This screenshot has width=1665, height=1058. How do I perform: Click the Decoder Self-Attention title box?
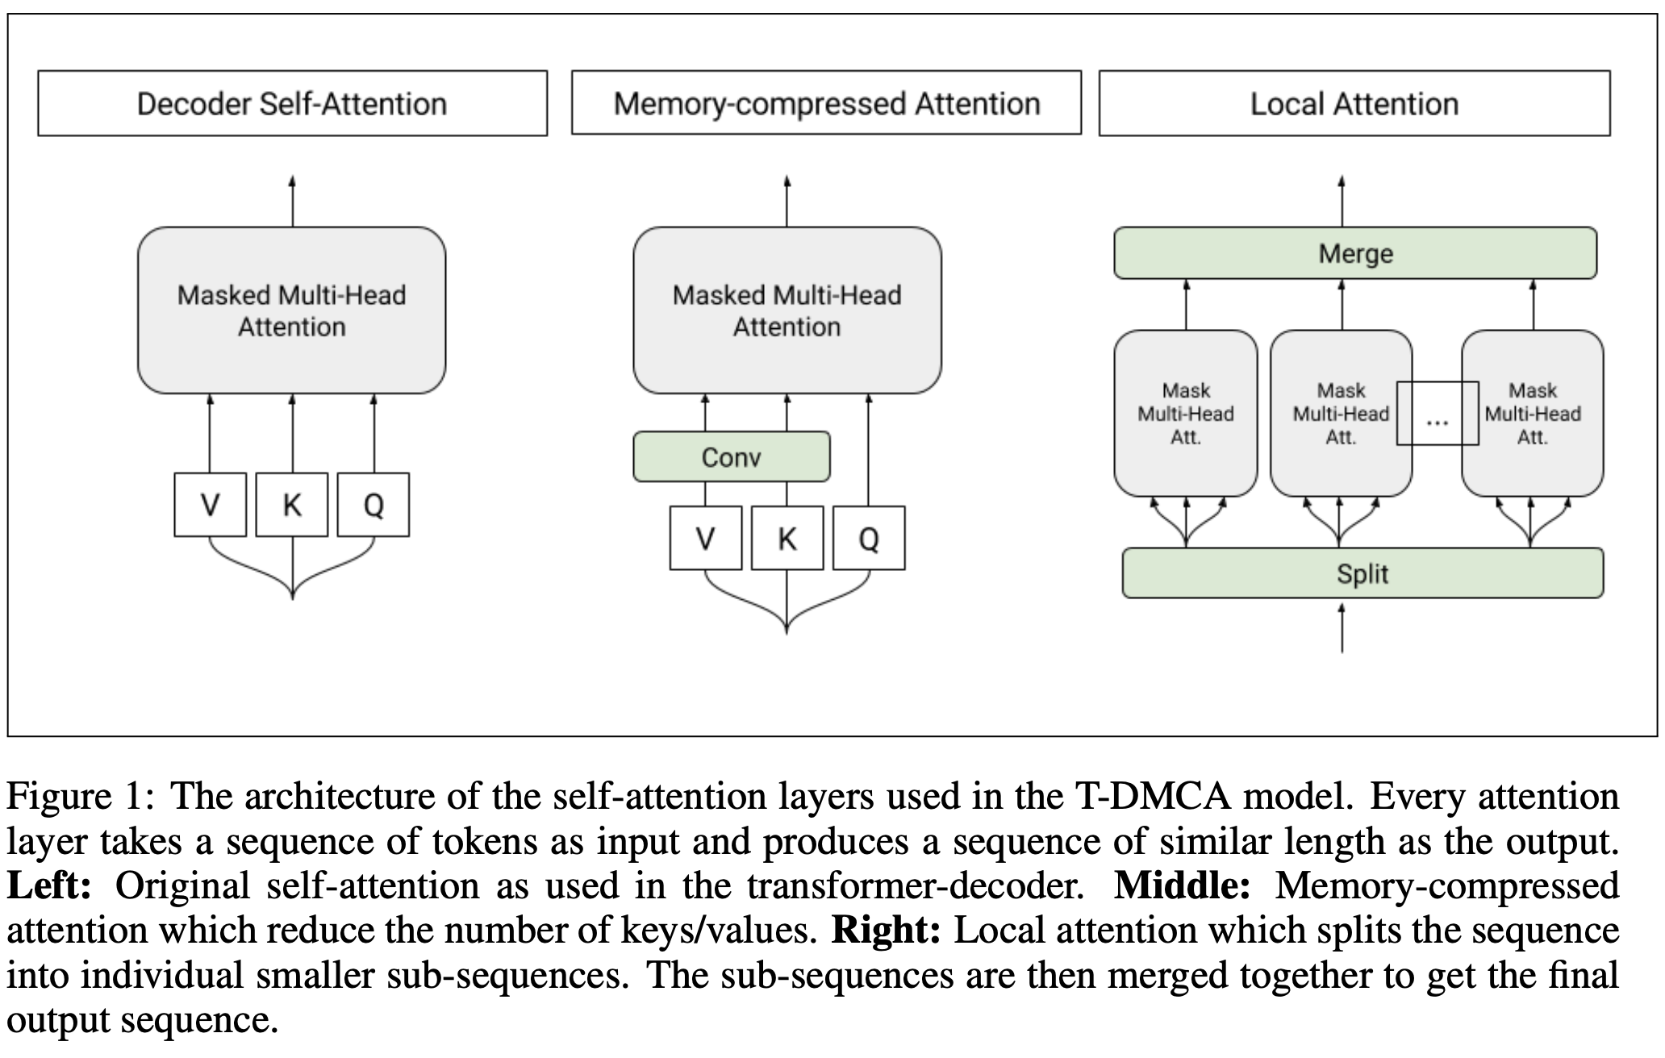[292, 103]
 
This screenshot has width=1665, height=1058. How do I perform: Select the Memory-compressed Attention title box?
[826, 103]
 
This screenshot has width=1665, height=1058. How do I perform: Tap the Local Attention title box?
[1354, 103]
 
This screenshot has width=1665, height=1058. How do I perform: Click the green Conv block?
[731, 457]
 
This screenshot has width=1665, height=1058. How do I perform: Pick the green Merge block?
[1355, 253]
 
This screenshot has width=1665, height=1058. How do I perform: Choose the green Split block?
[1362, 573]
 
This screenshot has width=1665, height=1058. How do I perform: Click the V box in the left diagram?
[210, 505]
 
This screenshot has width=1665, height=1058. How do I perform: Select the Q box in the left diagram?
[373, 505]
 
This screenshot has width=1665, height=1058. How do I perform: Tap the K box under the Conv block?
[787, 538]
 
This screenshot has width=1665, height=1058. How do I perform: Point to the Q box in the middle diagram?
[868, 538]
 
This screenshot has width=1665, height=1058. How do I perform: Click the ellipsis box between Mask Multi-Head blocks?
[1438, 414]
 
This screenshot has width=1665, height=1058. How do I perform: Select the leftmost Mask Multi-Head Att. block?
[1185, 414]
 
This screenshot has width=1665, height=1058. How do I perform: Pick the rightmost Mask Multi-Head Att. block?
[1532, 414]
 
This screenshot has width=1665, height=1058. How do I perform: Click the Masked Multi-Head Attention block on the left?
[291, 310]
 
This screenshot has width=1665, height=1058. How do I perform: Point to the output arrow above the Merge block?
[1342, 202]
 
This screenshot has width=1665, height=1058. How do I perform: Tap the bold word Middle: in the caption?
[1182, 885]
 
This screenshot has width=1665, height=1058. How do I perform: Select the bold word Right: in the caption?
[886, 930]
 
